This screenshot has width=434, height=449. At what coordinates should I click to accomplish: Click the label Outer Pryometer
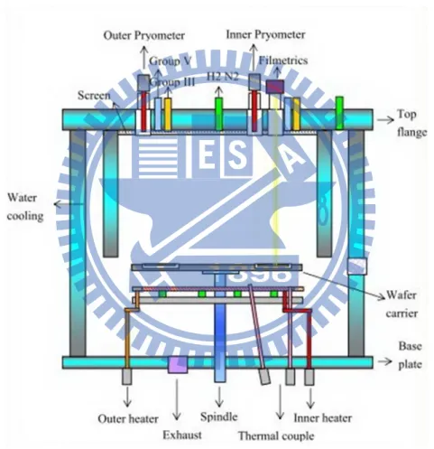(x=144, y=35)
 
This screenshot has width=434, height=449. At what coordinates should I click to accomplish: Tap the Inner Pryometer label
(x=265, y=34)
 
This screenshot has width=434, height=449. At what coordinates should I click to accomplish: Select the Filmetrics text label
(x=283, y=61)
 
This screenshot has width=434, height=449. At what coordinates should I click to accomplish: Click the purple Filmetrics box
(x=275, y=87)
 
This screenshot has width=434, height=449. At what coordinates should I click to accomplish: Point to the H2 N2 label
(x=223, y=77)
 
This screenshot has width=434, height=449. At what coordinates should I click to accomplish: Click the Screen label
(x=94, y=96)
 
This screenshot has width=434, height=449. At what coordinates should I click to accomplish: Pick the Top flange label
(x=411, y=123)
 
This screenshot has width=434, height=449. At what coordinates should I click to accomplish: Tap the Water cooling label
(x=25, y=207)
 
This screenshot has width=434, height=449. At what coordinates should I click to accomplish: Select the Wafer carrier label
(x=402, y=304)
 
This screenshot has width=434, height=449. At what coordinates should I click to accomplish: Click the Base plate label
(x=410, y=355)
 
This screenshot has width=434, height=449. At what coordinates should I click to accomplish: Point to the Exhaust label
(x=182, y=435)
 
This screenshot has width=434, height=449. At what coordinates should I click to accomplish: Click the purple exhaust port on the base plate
(x=178, y=364)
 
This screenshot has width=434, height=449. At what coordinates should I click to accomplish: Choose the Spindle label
(x=219, y=416)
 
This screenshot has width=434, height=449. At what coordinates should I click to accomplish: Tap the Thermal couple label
(x=276, y=435)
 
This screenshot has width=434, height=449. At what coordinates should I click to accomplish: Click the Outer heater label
(x=128, y=418)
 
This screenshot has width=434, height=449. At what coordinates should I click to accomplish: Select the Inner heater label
(x=322, y=418)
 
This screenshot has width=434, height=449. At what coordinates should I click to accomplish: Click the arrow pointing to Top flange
(x=385, y=120)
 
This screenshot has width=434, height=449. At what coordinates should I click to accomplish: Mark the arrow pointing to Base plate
(x=385, y=361)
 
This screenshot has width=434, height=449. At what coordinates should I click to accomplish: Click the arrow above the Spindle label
(x=219, y=397)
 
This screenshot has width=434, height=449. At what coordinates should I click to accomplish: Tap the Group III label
(x=172, y=81)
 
